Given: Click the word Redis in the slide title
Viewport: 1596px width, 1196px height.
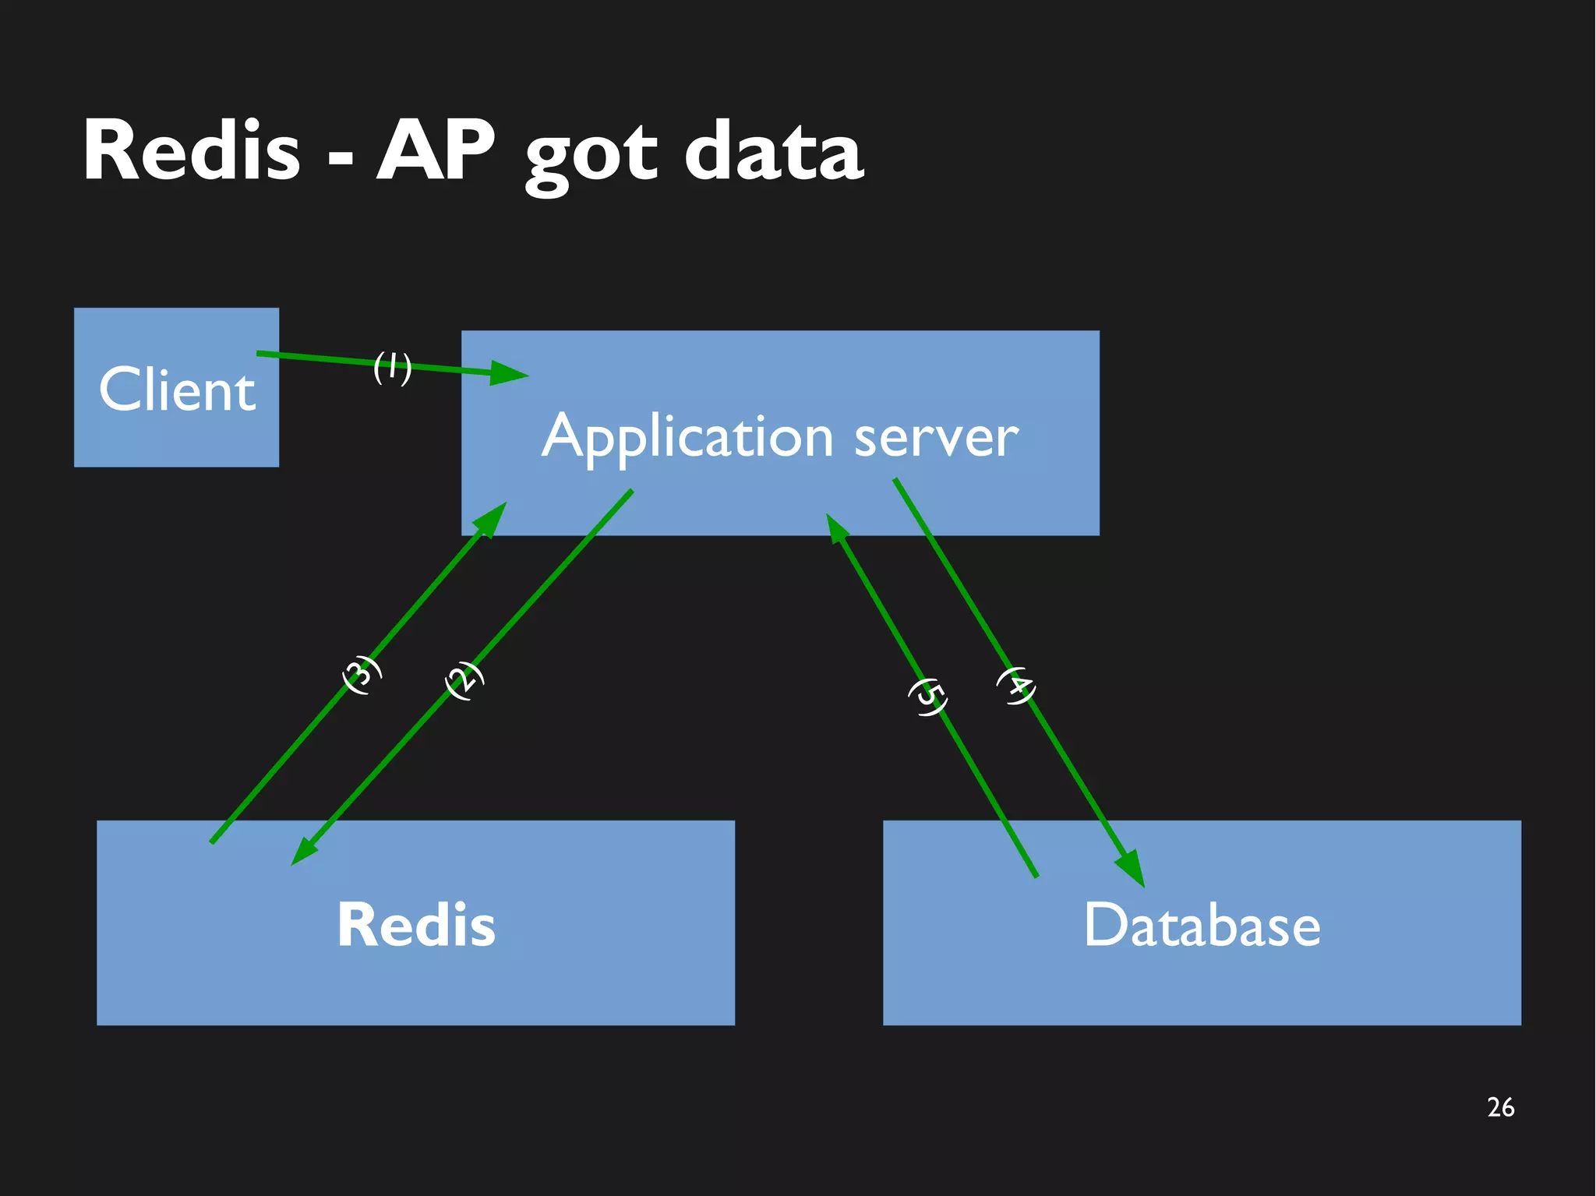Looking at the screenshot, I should pos(192,152).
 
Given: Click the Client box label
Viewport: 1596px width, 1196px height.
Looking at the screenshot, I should pos(177,390).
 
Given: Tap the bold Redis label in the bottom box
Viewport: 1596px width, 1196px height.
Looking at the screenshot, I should pos(415,925).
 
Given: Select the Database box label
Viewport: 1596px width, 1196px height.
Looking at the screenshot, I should pos(1202,925).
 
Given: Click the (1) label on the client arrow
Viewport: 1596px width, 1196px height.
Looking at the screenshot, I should pos(392,367).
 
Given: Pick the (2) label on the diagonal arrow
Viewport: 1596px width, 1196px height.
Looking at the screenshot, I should pos(464,680).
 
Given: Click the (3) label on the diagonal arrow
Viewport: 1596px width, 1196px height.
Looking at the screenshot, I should pos(362,675).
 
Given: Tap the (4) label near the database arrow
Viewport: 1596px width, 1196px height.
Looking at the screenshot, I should pos(1016,686).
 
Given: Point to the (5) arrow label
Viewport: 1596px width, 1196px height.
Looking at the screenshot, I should pos(928,697).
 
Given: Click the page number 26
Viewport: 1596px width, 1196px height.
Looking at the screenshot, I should pos(1500,1107).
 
